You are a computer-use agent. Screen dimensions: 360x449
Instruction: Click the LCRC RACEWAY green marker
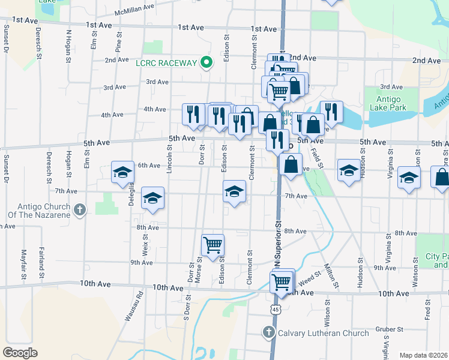tap(206, 63)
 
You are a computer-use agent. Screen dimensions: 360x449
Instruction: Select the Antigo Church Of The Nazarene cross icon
tap(81, 209)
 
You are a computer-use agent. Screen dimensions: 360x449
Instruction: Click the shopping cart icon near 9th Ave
tap(212, 245)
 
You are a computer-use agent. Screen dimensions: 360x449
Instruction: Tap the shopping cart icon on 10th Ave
tap(281, 281)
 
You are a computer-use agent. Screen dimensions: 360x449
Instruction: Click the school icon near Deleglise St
tap(122, 172)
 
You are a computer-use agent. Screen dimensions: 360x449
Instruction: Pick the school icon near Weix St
tap(152, 197)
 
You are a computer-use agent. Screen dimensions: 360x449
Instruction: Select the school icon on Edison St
tap(234, 191)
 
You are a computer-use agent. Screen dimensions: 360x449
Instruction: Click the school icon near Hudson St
tap(349, 170)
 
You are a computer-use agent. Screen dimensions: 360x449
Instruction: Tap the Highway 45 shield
tap(274, 308)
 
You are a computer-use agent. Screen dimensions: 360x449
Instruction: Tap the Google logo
tap(20, 353)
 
